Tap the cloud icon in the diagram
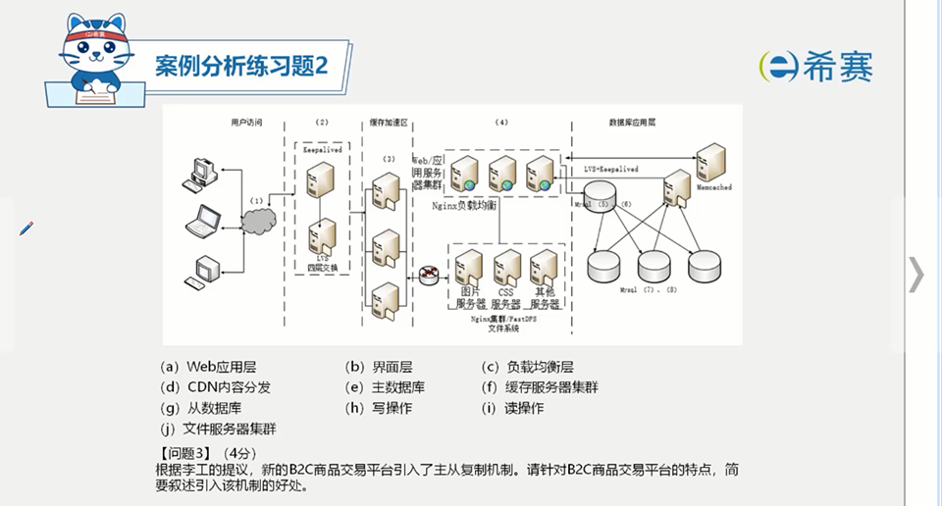coord(257,224)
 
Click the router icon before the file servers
coord(429,275)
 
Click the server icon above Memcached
coord(712,160)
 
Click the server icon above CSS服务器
coord(506,266)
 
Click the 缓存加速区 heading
coord(388,123)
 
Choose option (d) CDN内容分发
coord(213,387)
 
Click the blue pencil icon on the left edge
coord(26,228)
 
